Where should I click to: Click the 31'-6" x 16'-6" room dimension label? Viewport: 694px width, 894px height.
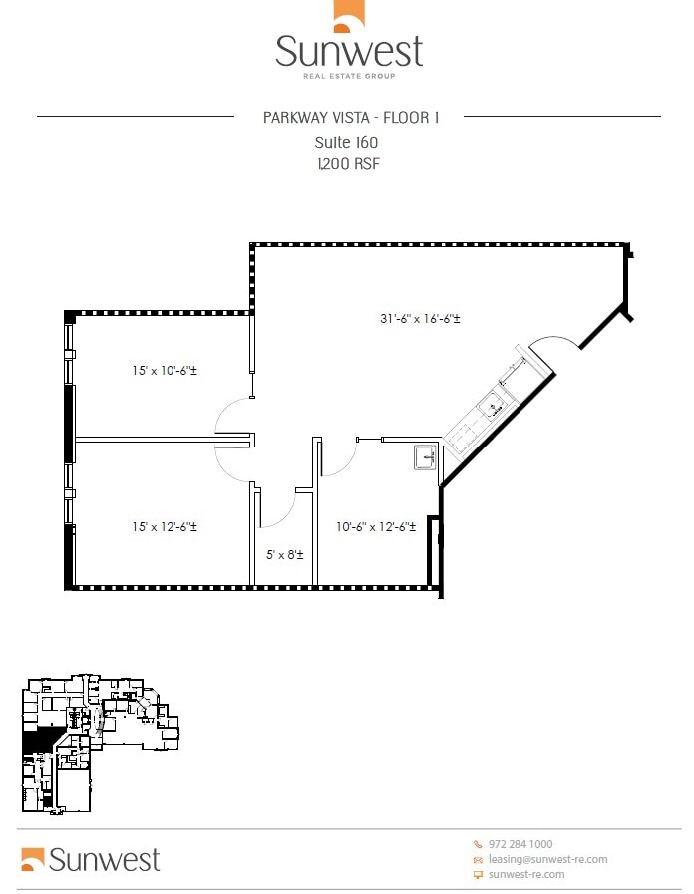click(419, 319)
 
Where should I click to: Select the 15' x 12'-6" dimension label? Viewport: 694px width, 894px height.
click(165, 526)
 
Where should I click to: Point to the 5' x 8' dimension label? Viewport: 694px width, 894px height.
click(285, 554)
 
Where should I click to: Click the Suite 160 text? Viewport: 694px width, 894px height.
click(346, 143)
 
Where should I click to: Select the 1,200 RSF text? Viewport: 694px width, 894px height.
click(347, 164)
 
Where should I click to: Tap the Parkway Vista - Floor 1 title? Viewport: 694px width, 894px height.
click(349, 118)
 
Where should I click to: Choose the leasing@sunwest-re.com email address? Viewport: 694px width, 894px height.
click(547, 859)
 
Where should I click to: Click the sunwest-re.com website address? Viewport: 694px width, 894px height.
click(526, 874)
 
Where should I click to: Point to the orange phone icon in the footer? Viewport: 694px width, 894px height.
click(478, 844)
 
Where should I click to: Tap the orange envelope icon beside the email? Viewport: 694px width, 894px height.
click(478, 859)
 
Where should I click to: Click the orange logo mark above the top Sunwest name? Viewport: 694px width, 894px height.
click(347, 17)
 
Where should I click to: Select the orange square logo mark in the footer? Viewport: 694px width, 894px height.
click(33, 858)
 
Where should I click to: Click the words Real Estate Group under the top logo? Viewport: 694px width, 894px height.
click(349, 76)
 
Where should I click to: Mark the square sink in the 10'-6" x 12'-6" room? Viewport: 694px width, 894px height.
click(425, 457)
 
